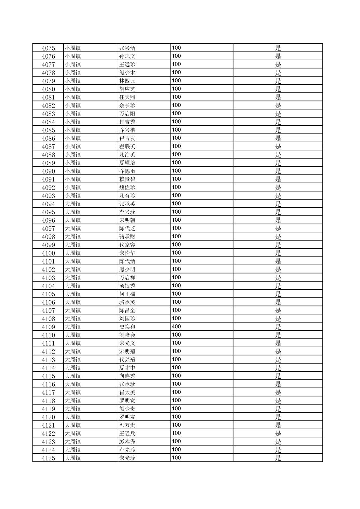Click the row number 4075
click(48, 48)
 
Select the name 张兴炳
click(127, 48)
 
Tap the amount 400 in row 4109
click(176, 326)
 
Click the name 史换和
click(127, 327)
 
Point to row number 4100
click(48, 253)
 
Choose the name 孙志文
click(127, 56)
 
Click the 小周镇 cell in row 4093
click(73, 196)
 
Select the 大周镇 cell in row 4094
click(73, 204)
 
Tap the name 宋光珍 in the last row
click(127, 458)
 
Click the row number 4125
click(48, 458)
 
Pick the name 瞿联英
click(127, 146)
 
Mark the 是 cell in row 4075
click(278, 48)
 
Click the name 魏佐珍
click(127, 188)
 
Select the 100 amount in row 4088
click(176, 154)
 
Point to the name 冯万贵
click(127, 425)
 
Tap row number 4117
click(48, 392)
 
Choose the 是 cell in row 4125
click(278, 458)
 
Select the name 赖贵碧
click(127, 179)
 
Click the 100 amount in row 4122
click(176, 433)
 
